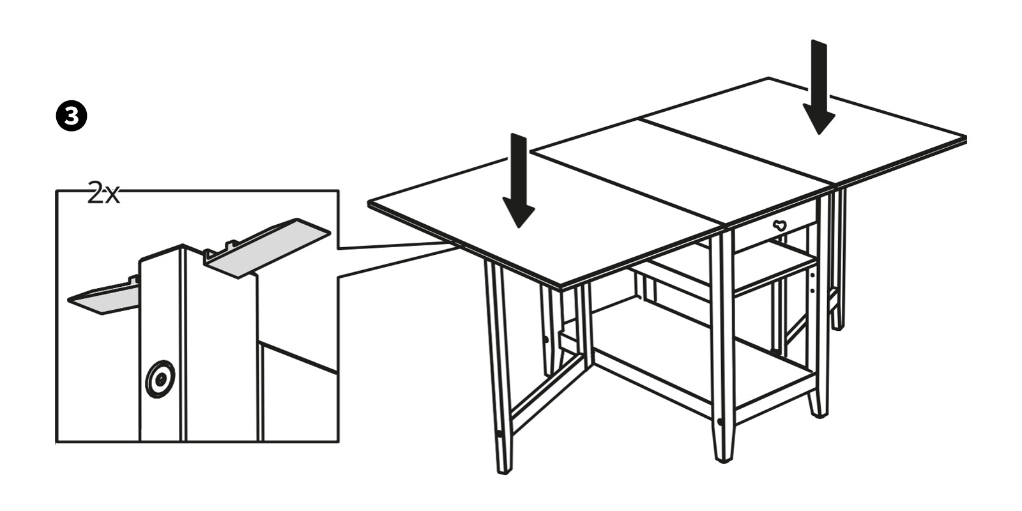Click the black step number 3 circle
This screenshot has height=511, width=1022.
(x=72, y=116)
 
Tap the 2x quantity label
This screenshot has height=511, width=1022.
(x=103, y=193)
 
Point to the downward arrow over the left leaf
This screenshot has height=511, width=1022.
(x=519, y=181)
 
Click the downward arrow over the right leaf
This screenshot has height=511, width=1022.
(x=819, y=87)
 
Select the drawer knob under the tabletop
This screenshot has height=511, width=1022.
(x=779, y=225)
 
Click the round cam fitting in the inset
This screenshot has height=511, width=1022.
(x=160, y=379)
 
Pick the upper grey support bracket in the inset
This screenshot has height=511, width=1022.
(x=267, y=248)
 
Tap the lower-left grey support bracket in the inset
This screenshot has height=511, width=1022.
(x=104, y=297)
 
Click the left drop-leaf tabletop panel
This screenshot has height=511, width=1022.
(x=538, y=219)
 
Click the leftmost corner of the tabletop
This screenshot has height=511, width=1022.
(x=369, y=202)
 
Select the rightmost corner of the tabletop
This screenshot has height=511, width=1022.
(x=966, y=137)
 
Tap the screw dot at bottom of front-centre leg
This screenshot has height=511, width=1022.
(x=720, y=422)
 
